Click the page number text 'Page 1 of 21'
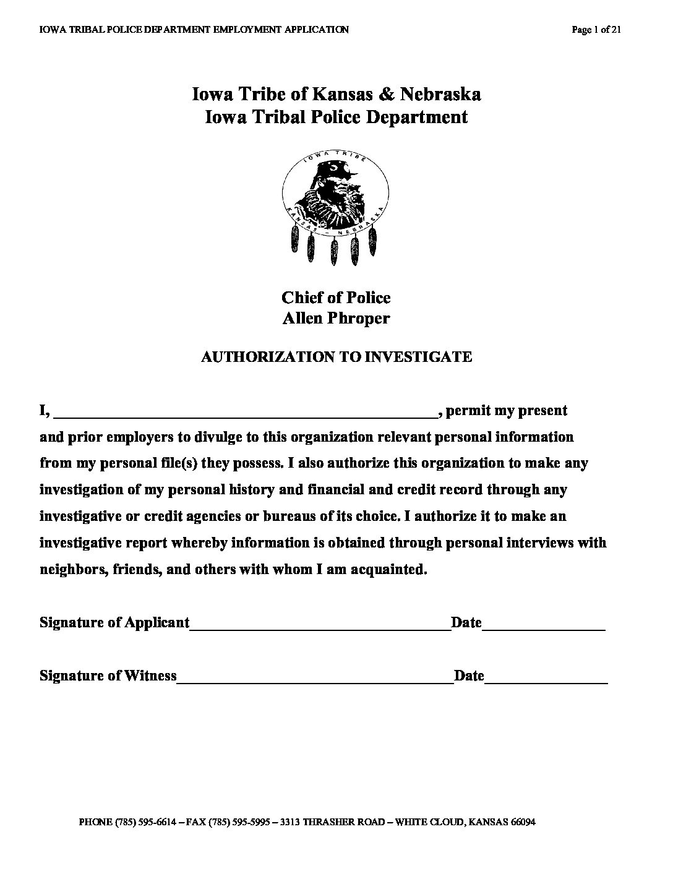tap(596, 29)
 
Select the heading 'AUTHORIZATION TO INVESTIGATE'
tap(336, 357)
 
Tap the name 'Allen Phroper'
tap(336, 319)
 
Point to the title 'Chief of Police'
tap(336, 298)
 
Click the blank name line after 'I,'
tap(247, 413)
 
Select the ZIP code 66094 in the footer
tap(523, 823)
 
